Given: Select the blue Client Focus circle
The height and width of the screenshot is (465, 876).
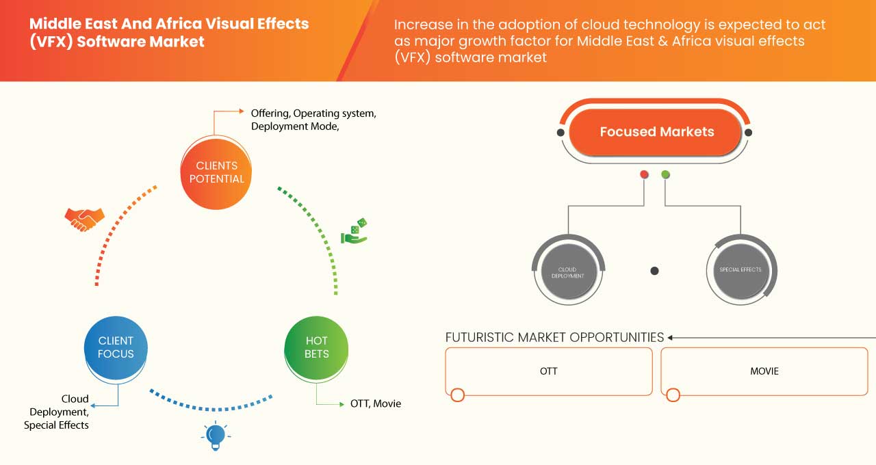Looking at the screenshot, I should (x=116, y=347).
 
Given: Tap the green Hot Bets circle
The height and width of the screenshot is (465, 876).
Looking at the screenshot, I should (x=316, y=347).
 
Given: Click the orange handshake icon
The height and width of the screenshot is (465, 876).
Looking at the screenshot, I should (x=84, y=218).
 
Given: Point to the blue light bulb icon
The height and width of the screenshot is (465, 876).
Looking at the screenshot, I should (x=215, y=436).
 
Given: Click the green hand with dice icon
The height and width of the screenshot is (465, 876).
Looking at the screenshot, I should (x=354, y=232).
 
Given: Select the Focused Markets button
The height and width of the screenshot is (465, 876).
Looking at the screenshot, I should (x=656, y=132).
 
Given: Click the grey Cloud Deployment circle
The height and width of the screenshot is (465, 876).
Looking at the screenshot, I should (x=567, y=270).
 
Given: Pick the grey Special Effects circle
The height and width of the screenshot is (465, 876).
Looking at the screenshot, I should (x=740, y=270).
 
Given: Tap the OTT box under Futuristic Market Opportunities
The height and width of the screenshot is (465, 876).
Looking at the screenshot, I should (x=548, y=371).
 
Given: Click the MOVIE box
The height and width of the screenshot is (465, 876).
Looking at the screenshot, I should (x=764, y=371).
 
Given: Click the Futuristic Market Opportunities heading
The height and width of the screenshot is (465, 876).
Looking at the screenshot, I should (x=554, y=337).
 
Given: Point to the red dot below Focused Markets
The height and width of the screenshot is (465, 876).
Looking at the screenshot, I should (x=644, y=175).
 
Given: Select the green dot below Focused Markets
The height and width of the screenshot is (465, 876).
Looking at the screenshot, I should (x=666, y=175).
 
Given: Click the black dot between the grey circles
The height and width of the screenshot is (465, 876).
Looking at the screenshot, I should (x=654, y=271).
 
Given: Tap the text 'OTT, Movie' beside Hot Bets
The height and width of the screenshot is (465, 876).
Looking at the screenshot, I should (x=375, y=403).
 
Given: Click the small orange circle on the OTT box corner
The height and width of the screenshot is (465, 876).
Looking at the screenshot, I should (x=457, y=395).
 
